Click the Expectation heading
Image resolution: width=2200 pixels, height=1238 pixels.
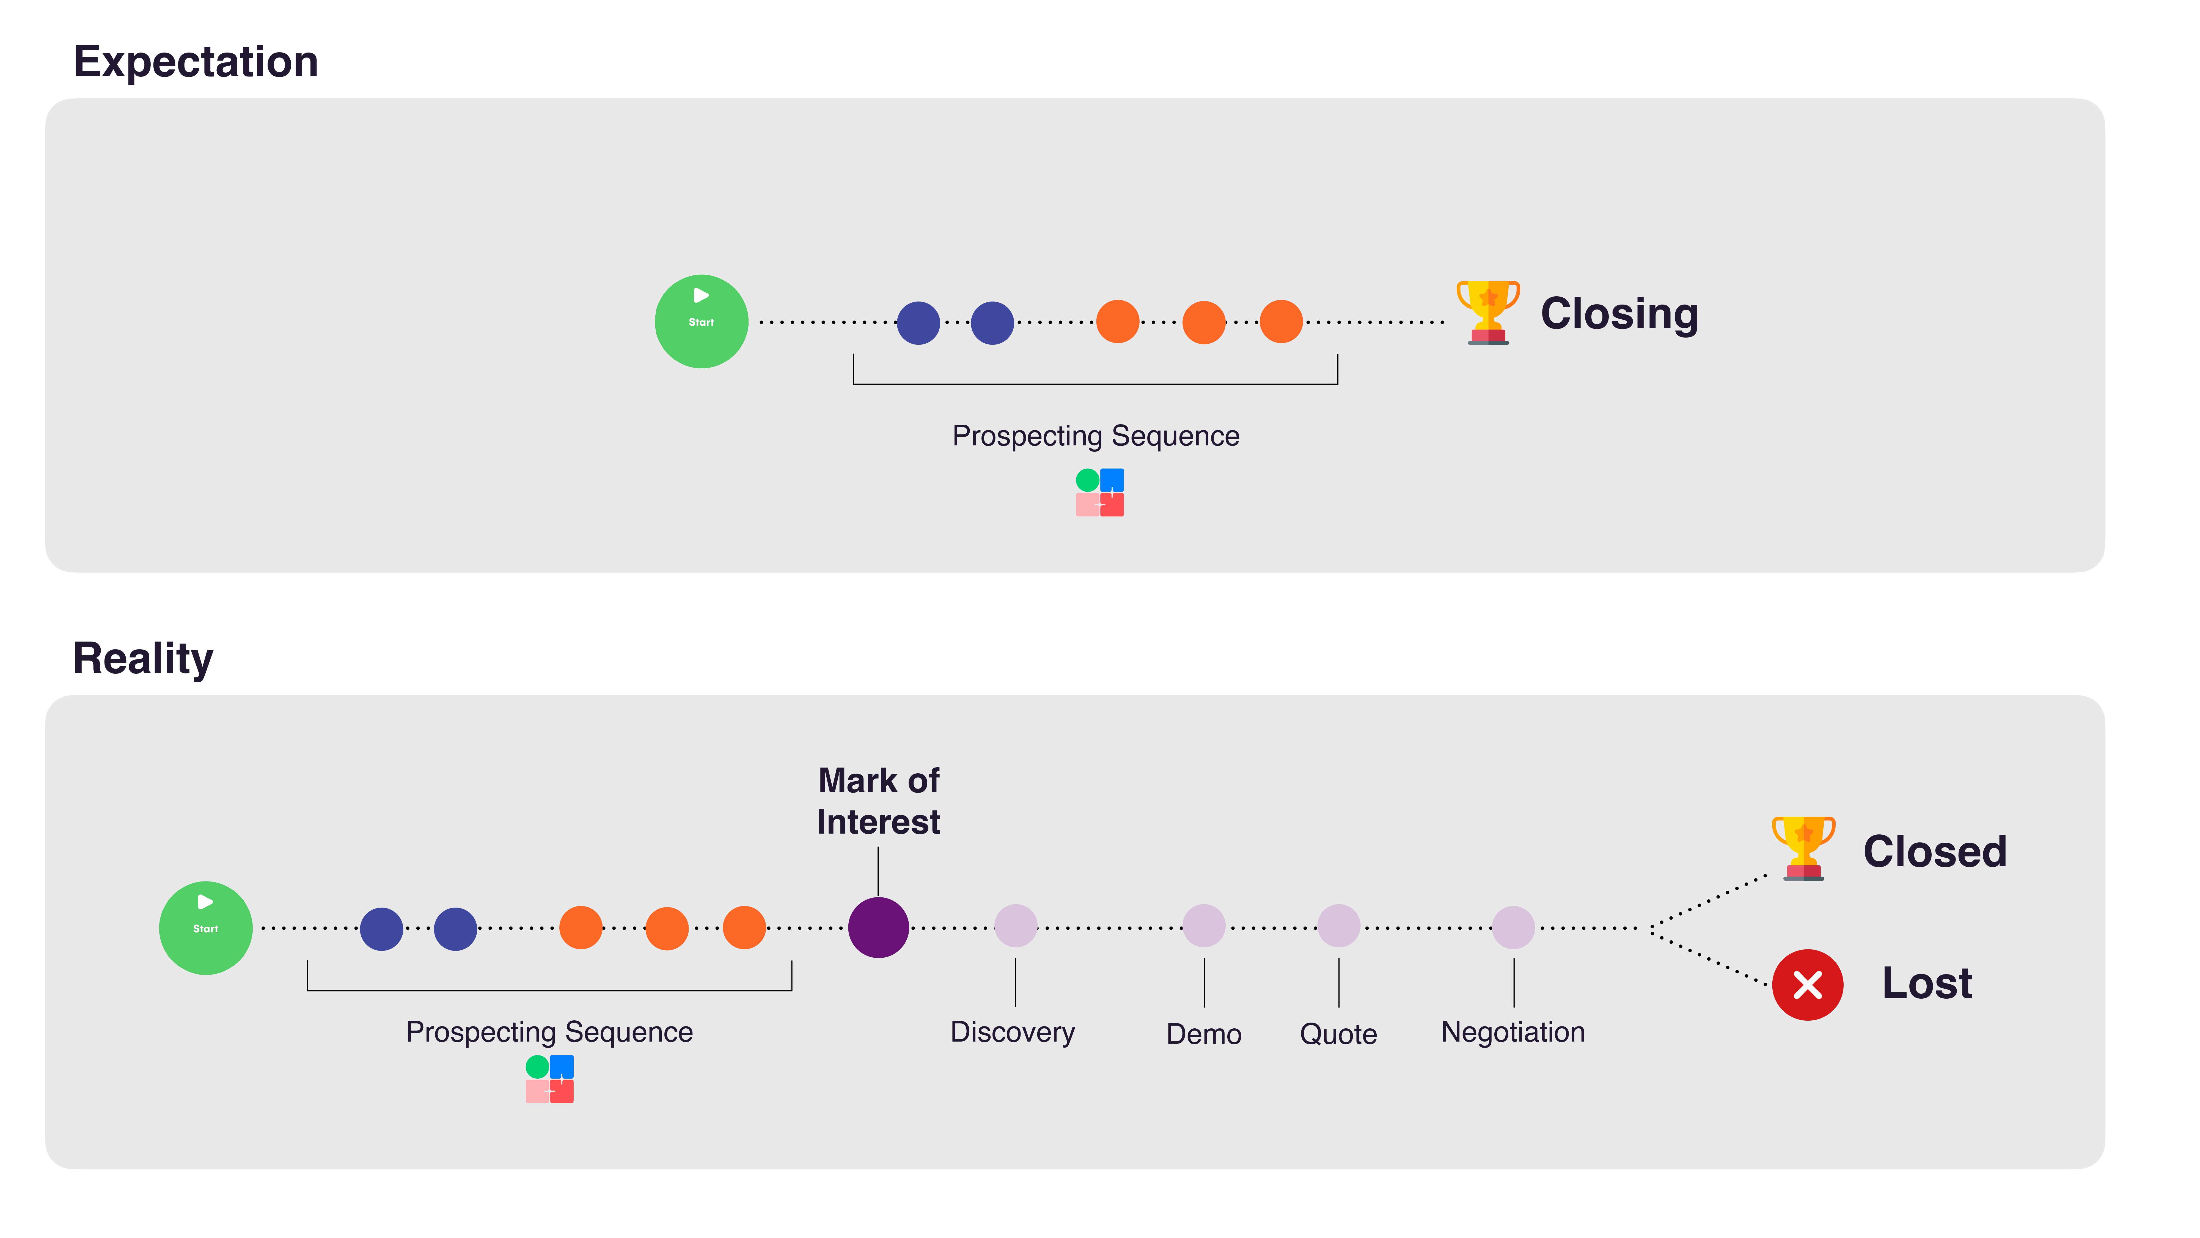[x=196, y=62]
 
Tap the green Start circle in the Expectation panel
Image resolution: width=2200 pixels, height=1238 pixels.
[x=701, y=321]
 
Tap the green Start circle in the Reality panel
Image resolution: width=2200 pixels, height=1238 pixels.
[x=206, y=928]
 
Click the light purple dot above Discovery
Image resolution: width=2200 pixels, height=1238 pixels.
[x=1016, y=926]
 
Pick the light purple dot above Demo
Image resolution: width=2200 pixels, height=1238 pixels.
[x=1203, y=926]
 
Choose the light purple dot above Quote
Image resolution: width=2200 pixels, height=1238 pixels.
[x=1338, y=926]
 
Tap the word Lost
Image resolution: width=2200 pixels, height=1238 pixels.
[x=1927, y=984]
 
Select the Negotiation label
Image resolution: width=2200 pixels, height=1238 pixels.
[x=1513, y=1032]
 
